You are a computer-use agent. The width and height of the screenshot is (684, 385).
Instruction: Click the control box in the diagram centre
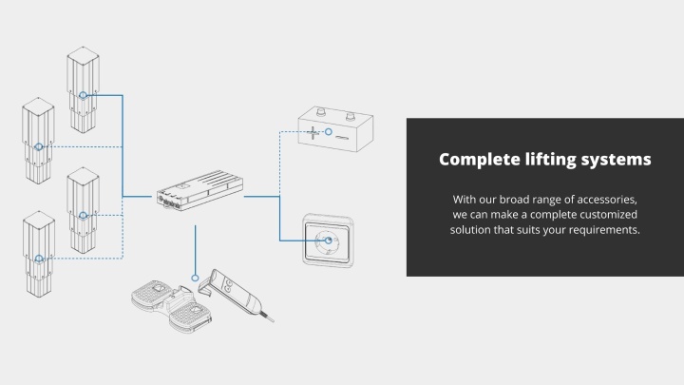click(x=200, y=191)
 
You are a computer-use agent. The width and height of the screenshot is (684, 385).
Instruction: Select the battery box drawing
click(x=335, y=128)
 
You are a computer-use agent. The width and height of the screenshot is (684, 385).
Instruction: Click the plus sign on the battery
click(x=313, y=132)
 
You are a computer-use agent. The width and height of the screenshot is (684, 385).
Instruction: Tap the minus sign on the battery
click(x=342, y=138)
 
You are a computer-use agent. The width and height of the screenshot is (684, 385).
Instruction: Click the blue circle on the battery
click(x=329, y=131)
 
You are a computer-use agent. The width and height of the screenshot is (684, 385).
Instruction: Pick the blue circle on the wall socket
click(x=329, y=241)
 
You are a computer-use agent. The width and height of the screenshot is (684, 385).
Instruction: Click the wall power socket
click(x=329, y=241)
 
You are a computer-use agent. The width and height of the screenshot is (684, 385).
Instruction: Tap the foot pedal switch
click(x=170, y=305)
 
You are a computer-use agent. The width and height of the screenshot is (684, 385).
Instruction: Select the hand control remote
click(x=236, y=294)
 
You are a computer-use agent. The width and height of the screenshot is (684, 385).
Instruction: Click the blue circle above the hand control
click(x=195, y=278)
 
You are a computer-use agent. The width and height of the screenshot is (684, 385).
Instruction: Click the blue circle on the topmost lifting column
click(x=83, y=95)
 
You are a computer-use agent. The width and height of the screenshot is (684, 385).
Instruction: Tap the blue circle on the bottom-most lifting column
click(x=39, y=259)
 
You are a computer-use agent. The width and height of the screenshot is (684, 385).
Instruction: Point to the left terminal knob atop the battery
click(x=321, y=112)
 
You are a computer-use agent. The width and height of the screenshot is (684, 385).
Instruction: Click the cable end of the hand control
click(x=273, y=321)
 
